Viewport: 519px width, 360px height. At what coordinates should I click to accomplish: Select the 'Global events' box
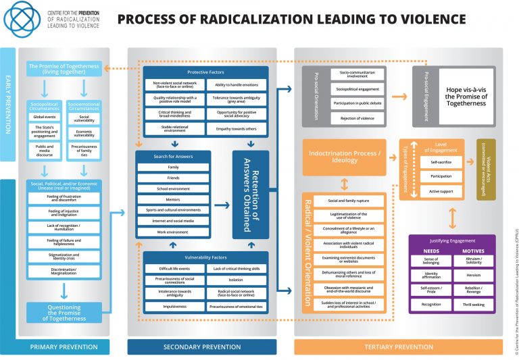tap(44, 117)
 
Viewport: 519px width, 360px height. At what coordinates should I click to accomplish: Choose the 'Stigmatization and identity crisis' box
tap(64, 257)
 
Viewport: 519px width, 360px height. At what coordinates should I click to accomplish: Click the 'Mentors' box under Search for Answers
tap(173, 199)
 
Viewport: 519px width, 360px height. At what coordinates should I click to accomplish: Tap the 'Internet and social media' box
tap(173, 221)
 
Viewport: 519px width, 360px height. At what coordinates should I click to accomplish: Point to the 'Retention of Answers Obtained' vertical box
tap(251, 195)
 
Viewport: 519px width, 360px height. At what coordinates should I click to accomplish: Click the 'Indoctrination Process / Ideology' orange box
tap(345, 157)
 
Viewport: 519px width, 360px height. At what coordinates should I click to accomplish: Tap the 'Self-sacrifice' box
tap(431, 163)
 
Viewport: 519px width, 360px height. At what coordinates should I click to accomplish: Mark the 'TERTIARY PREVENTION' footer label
tap(398, 347)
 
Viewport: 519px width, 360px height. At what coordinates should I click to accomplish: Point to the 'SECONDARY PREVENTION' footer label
tap(201, 347)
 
